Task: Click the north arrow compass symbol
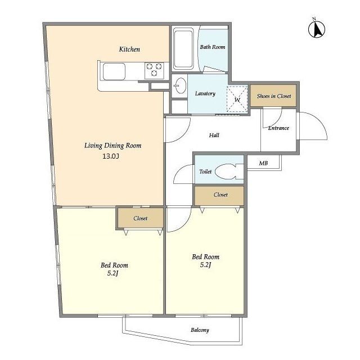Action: [x=316, y=29]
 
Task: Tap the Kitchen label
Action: [x=129, y=49]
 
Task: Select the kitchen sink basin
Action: [x=114, y=71]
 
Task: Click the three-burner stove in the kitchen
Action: [x=154, y=70]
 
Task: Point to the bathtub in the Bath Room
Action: [x=183, y=48]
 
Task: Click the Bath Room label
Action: [x=213, y=47]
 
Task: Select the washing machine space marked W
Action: [x=237, y=99]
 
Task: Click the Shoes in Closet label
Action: [x=274, y=96]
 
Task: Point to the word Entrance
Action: [x=278, y=128]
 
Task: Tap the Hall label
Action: [x=214, y=135]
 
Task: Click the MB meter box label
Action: [x=263, y=163]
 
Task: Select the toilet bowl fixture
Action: [x=229, y=172]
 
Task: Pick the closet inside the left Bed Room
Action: [x=141, y=218]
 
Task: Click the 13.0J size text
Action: [x=111, y=156]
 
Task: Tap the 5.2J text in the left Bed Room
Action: [x=112, y=273]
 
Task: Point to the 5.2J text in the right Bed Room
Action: [x=205, y=265]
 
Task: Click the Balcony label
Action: [x=200, y=330]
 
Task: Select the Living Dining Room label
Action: [x=112, y=146]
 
